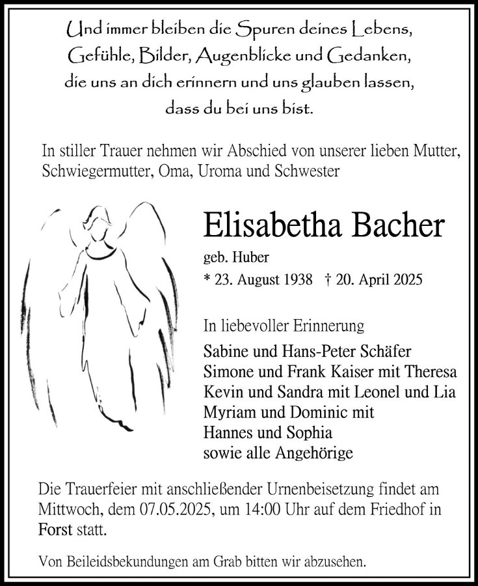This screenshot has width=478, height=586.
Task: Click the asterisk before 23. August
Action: coord(207,281)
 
